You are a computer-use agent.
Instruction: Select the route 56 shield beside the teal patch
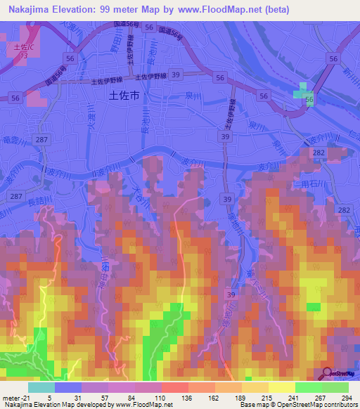point(309,101)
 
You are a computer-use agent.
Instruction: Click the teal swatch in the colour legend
point(41,388)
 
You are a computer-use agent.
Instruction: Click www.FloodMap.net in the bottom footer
point(144,403)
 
